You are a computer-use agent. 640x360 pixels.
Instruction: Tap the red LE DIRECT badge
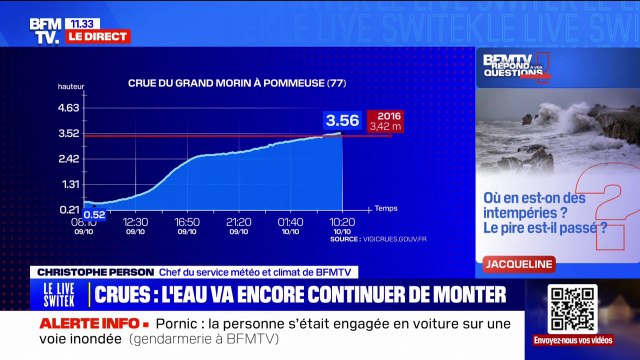[x=98, y=36]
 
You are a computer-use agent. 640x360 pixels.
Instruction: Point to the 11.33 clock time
[x=81, y=22]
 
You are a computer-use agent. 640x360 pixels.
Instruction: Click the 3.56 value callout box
[x=341, y=120]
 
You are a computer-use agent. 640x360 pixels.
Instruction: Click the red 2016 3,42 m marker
[x=386, y=120]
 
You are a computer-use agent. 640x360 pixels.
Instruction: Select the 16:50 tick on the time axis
[x=187, y=222]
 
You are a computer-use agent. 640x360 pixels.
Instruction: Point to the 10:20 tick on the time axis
[x=341, y=222]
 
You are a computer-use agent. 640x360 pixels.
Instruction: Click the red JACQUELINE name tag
[x=517, y=264]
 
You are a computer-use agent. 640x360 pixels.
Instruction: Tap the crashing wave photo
[x=556, y=129]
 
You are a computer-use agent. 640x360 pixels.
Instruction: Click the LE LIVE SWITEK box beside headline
[x=59, y=295]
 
